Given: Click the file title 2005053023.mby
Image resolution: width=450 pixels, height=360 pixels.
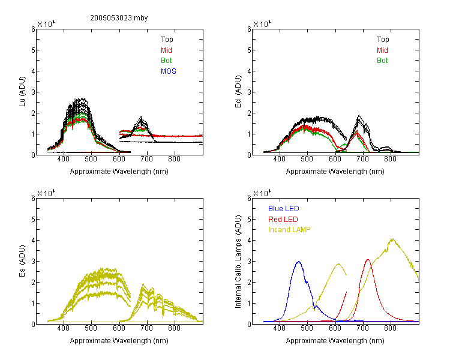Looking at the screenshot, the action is click(119, 18).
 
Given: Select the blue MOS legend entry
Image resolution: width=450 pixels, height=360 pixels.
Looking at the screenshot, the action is click(169, 71).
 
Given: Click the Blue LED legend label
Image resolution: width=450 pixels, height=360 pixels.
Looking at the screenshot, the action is click(284, 209).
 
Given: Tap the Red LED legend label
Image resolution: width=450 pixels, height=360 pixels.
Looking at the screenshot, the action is click(283, 220).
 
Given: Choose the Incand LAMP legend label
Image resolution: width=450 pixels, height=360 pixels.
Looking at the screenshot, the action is click(289, 230).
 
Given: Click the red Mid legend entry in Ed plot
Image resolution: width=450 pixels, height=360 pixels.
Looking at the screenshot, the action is click(382, 50).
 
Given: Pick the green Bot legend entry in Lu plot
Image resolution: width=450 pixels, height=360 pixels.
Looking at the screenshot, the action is click(166, 61).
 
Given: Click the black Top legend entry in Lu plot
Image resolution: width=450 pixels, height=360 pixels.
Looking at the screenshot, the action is click(167, 40).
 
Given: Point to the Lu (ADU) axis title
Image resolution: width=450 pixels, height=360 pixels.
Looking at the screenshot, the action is click(22, 92).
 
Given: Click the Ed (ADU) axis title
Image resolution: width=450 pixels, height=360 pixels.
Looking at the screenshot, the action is click(238, 92).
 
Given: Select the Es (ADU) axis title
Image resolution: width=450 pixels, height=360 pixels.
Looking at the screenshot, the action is click(22, 260).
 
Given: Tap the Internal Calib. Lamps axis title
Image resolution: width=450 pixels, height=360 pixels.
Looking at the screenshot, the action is click(238, 262).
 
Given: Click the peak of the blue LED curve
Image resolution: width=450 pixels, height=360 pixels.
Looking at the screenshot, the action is click(299, 262).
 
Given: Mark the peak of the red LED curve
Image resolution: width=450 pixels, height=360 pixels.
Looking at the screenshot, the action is click(368, 260).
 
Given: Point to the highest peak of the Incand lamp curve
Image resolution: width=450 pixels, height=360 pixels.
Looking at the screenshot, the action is click(392, 239).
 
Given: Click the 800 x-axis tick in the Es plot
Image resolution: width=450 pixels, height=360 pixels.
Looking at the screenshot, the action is click(174, 328).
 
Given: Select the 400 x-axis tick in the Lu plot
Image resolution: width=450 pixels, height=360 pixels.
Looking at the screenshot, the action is click(63, 159).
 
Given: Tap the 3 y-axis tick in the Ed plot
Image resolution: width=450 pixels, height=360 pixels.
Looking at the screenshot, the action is click(249, 92).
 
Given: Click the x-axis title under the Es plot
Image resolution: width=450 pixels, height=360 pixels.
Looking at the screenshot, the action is click(119, 341).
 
